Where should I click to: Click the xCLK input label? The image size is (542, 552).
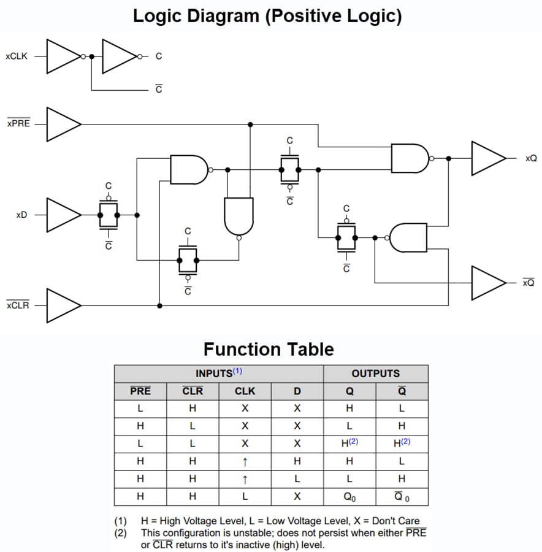click(x=16, y=56)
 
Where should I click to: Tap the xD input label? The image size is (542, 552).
click(x=21, y=215)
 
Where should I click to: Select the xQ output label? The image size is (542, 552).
click(x=530, y=159)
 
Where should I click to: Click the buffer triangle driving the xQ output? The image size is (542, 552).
click(x=487, y=159)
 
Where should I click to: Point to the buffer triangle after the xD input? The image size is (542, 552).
click(x=63, y=215)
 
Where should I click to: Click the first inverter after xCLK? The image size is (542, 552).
click(x=63, y=56)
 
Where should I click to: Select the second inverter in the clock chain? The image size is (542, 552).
click(x=119, y=56)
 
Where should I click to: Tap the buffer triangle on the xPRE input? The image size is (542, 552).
click(x=63, y=124)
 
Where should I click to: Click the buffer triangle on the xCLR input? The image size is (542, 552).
click(x=63, y=305)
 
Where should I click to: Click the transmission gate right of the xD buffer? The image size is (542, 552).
click(x=109, y=215)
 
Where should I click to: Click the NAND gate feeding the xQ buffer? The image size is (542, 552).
click(x=410, y=158)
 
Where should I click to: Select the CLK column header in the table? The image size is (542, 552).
click(x=245, y=391)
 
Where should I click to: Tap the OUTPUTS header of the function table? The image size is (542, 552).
click(x=375, y=374)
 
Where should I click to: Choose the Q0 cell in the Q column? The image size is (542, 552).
click(x=349, y=497)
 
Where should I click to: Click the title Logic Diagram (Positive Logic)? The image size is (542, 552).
click(x=267, y=15)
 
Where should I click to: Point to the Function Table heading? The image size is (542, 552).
click(x=269, y=349)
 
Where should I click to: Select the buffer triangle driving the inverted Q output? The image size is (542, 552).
click(x=487, y=283)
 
